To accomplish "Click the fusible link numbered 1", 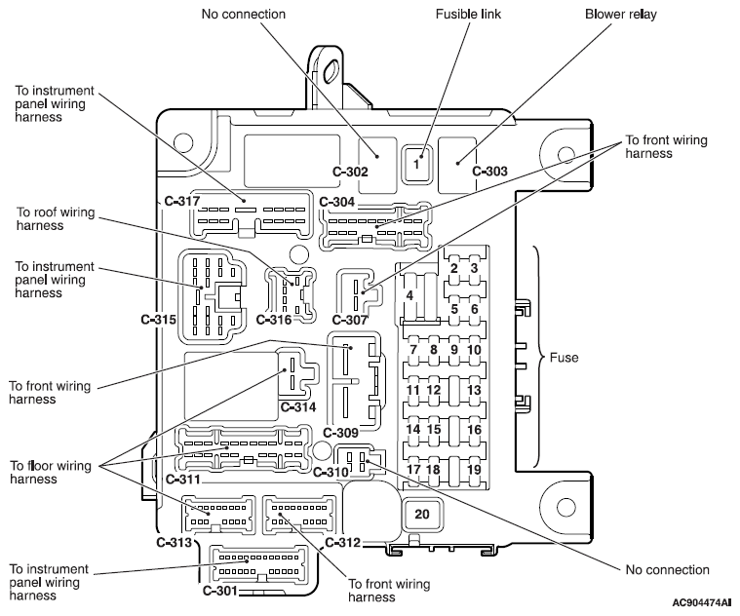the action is click(415, 163).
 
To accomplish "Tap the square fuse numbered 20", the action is click(422, 514).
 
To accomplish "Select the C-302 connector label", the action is click(350, 172).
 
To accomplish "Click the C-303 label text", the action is click(489, 171).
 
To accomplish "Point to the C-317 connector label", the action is click(182, 202).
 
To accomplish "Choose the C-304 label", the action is click(337, 203).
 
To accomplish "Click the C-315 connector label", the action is click(159, 320).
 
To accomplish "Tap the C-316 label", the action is click(274, 320).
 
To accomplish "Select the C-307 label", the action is click(350, 320).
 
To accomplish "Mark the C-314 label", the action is click(298, 406).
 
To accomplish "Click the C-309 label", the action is click(340, 433).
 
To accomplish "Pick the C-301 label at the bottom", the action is click(220, 590).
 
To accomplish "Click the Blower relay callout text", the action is click(621, 15).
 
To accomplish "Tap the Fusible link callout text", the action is click(468, 15).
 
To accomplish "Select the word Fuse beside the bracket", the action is click(564, 358).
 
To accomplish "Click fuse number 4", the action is click(409, 295).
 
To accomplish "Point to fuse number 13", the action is click(474, 390).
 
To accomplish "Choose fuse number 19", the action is click(474, 470).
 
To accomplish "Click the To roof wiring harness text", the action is click(56, 219).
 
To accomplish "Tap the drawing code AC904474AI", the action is click(702, 602).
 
